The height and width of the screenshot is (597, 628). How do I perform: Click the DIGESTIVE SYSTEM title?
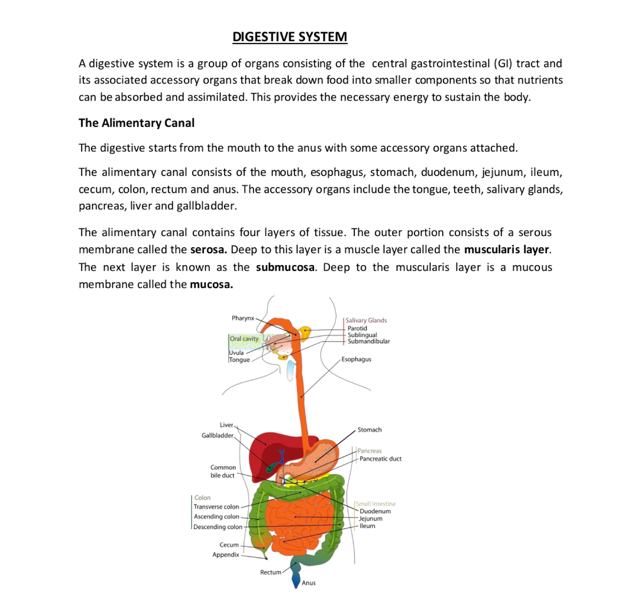tap(289, 37)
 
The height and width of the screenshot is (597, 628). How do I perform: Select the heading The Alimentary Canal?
tap(137, 123)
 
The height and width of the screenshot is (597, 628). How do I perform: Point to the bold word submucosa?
tap(285, 267)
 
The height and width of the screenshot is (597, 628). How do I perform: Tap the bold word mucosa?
tap(211, 284)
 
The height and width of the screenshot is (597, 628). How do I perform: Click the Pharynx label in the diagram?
tap(242, 318)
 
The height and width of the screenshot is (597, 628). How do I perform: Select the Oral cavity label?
tap(244, 339)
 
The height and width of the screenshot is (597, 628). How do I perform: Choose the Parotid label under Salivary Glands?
tap(357, 328)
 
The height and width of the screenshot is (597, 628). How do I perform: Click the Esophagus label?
tap(356, 359)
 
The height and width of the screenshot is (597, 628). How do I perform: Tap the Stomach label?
tap(369, 430)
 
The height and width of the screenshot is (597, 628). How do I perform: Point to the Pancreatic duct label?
tap(380, 458)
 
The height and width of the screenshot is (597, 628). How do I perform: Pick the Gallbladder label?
tap(217, 435)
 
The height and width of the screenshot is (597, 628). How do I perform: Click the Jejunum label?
tap(371, 519)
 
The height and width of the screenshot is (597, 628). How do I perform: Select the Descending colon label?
tap(218, 527)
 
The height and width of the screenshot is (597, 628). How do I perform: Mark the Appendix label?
tap(226, 555)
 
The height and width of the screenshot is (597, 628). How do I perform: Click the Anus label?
tap(309, 583)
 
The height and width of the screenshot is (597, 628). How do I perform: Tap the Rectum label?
tap(271, 572)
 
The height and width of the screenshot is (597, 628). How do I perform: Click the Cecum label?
tap(229, 545)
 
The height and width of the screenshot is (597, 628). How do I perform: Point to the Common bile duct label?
tap(223, 472)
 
